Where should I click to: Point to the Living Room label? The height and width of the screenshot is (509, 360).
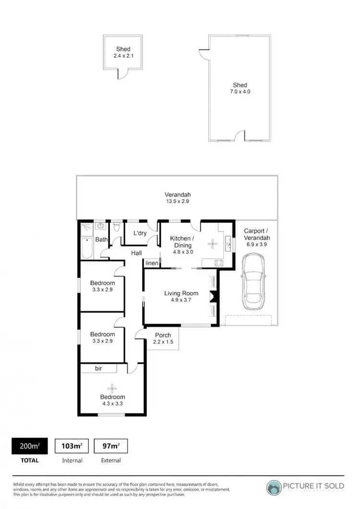pyautogui.click(x=181, y=293)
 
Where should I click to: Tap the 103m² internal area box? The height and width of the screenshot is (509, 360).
pyautogui.click(x=72, y=447)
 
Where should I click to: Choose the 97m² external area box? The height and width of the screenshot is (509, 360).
pyautogui.click(x=111, y=447)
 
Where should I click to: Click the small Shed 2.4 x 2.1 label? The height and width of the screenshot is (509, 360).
pyautogui.click(x=123, y=52)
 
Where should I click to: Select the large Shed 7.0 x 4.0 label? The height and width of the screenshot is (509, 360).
pyautogui.click(x=240, y=88)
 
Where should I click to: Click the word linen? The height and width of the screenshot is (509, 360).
pyautogui.click(x=151, y=263)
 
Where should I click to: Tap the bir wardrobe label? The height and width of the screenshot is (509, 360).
pyautogui.click(x=98, y=369)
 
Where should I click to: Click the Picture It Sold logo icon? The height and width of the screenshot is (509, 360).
pyautogui.click(x=275, y=487)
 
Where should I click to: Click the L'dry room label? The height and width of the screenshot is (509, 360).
pyautogui.click(x=139, y=233)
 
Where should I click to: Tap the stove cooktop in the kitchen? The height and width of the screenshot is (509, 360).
pyautogui.click(x=219, y=262)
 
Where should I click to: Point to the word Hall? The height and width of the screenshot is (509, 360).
pyautogui.click(x=137, y=253)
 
